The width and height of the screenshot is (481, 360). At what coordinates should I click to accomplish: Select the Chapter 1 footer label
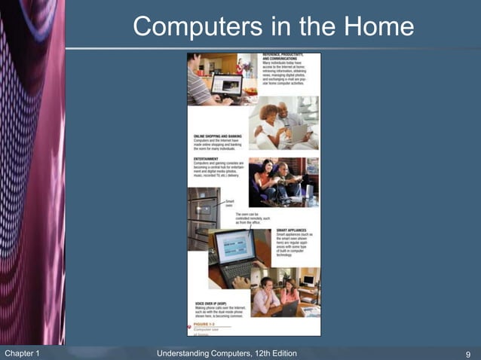[22, 354]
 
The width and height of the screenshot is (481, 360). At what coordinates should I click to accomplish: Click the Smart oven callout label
[230, 202]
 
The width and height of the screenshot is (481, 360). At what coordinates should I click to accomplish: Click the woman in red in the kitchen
[240, 67]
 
